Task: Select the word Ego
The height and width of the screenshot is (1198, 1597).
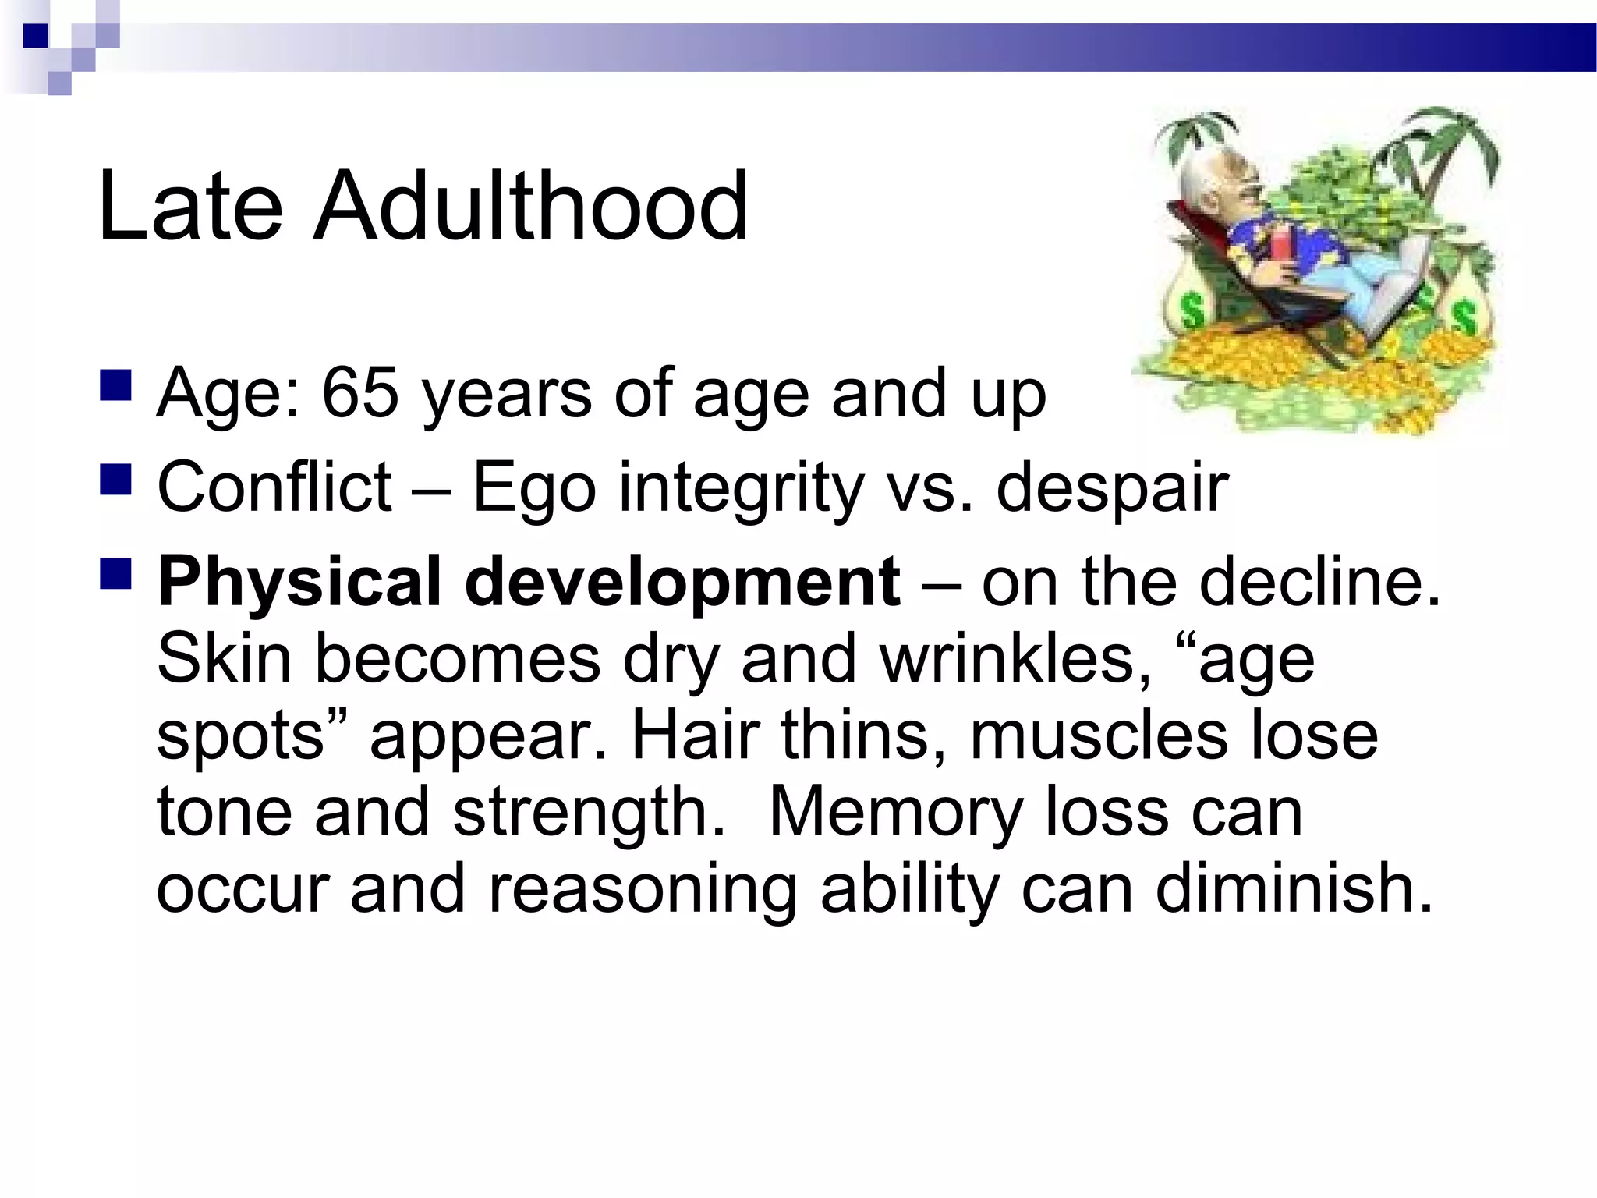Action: [x=534, y=489]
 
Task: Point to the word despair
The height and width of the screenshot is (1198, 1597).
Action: [x=1112, y=489]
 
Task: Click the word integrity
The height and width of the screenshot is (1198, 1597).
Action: [x=741, y=489]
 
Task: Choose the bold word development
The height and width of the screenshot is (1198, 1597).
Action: [x=682, y=583]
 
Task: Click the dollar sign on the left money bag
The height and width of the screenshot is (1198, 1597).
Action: [x=1191, y=311]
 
